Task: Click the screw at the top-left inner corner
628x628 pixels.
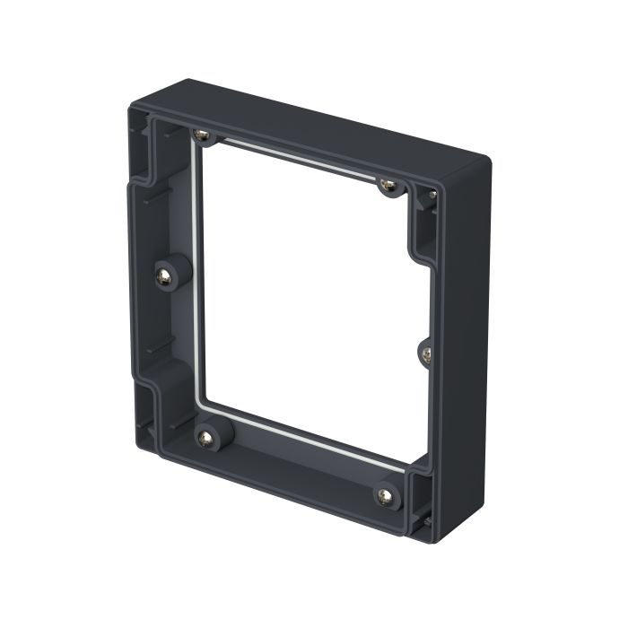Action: coord(203,135)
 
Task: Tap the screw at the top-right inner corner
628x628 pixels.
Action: coord(388,186)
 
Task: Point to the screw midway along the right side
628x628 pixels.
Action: coord(426,354)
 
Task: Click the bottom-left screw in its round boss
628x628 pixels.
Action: coord(206,438)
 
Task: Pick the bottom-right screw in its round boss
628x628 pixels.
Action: coord(387,496)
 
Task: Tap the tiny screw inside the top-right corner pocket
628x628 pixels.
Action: coord(432,194)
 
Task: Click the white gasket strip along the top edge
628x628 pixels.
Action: coord(296,160)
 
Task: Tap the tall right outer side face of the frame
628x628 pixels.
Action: coord(467,350)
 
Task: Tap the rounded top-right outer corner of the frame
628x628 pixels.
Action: coord(483,164)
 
